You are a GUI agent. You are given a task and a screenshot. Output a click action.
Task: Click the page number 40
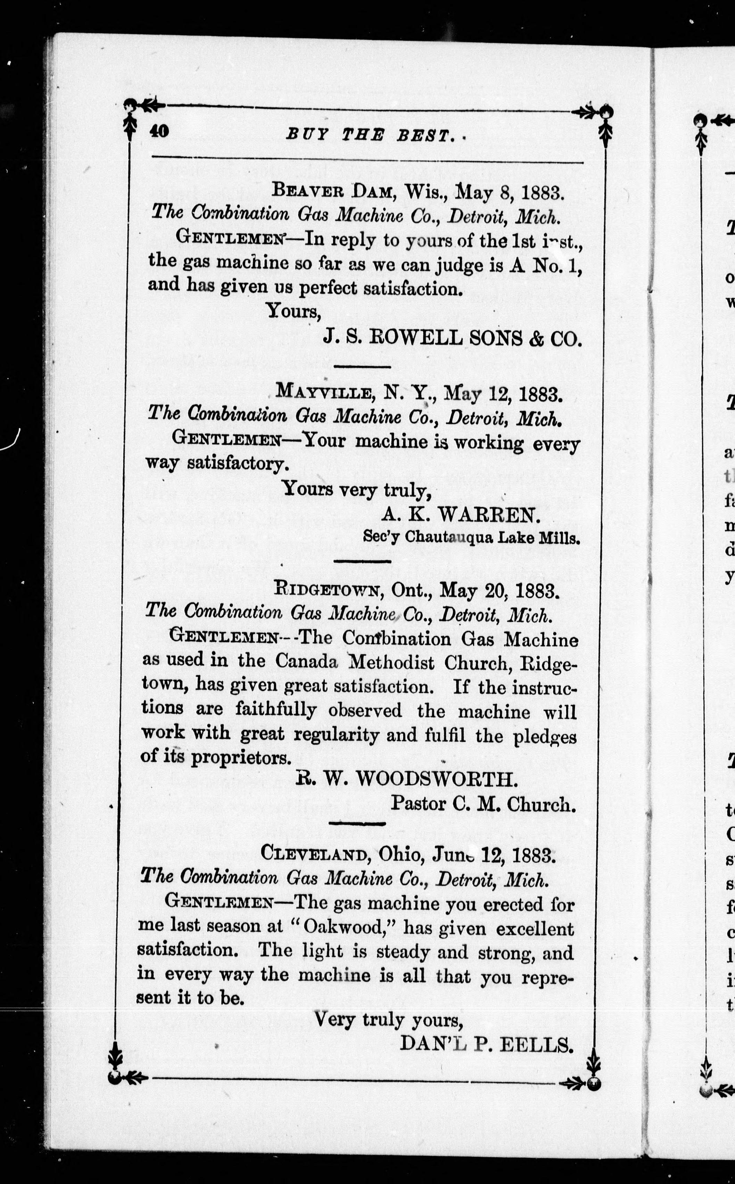pyautogui.click(x=159, y=132)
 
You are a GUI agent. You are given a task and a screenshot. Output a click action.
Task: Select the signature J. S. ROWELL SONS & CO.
pyautogui.click(x=452, y=338)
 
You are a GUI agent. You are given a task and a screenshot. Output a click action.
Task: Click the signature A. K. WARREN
pyautogui.click(x=460, y=514)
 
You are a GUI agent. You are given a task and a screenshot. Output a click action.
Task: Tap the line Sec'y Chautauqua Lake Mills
pyautogui.click(x=471, y=537)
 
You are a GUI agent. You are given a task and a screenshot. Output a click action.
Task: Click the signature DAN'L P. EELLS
pyautogui.click(x=486, y=1044)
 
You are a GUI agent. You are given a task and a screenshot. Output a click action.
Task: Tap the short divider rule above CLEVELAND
pyautogui.click(x=357, y=823)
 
